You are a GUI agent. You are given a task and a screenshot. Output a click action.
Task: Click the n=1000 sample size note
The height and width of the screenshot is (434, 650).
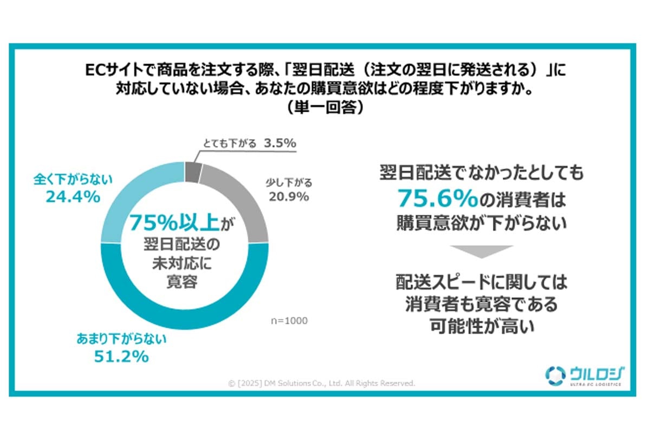click(x=288, y=321)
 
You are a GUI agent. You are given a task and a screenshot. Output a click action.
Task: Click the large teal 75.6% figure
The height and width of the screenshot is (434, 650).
click(x=437, y=199)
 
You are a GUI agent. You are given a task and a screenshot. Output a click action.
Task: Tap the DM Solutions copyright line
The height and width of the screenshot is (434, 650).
click(x=322, y=383)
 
